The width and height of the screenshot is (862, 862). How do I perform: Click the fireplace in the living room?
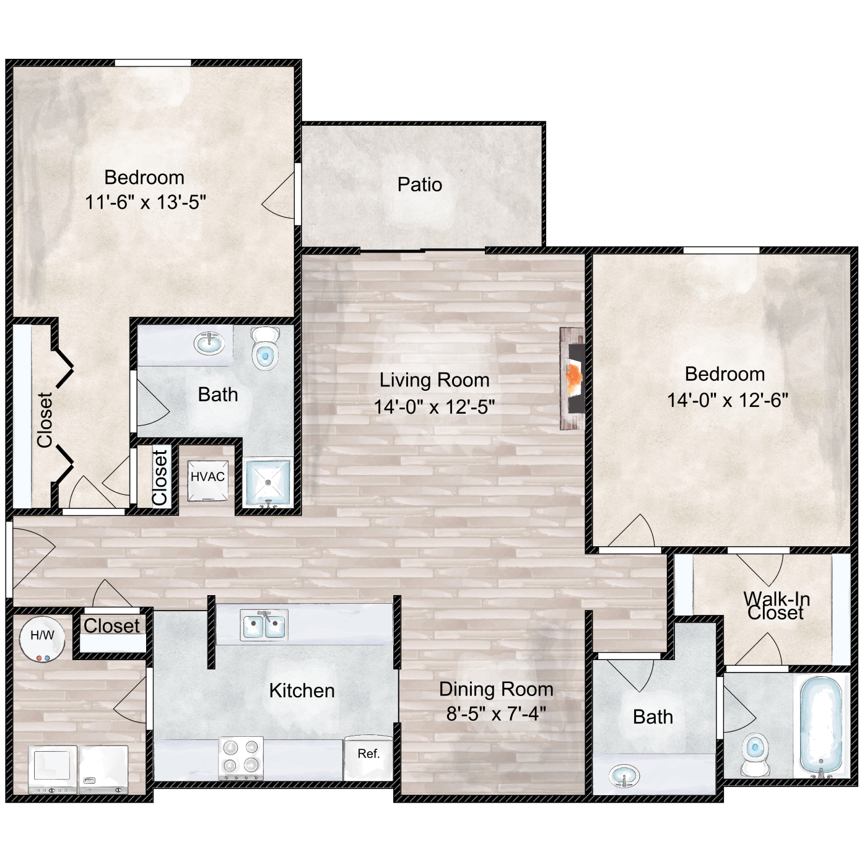coord(572,378)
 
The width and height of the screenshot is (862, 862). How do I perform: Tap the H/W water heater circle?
coord(42,639)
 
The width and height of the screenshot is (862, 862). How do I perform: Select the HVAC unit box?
coord(207,481)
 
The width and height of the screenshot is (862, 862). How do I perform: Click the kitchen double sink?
coord(264,624)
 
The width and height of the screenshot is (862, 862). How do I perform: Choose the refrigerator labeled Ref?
coord(368,758)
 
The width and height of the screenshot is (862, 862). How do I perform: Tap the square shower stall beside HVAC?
coord(268,482)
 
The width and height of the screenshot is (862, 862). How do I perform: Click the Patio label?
coord(420,185)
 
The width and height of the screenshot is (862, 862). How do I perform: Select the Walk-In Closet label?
coord(776,606)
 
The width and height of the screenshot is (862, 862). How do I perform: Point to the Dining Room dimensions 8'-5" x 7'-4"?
coord(496,714)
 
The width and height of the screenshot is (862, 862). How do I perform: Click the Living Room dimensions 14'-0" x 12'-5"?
coord(434,407)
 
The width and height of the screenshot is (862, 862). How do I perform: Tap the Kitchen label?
coord(302,690)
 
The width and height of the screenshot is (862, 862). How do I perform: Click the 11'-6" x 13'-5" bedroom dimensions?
coord(146,202)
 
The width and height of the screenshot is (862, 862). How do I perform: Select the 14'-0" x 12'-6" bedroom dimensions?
coord(728,400)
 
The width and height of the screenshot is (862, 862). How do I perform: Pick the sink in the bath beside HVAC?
coord(209,344)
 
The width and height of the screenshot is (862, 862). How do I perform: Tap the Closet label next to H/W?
coord(112,626)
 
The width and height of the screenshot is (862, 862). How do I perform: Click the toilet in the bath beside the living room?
coord(265,348)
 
